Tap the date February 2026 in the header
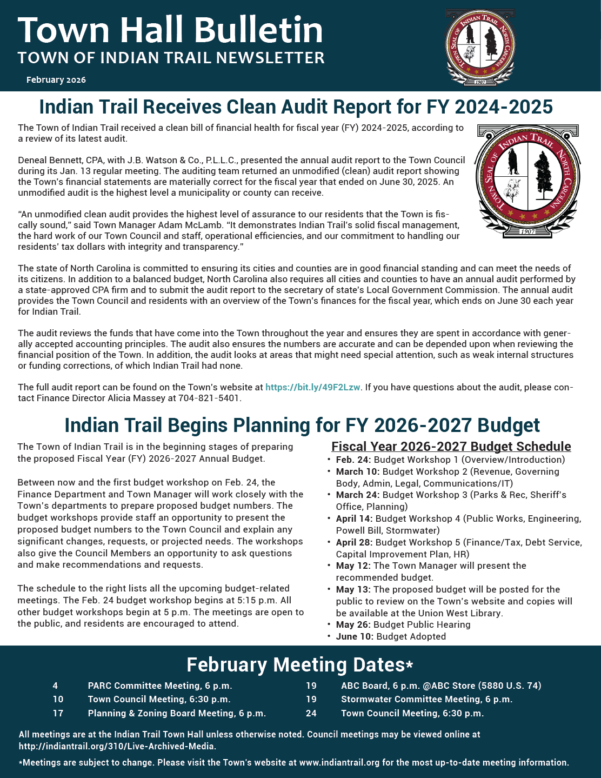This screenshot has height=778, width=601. tap(56, 80)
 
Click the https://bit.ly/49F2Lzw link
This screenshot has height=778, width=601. tap(312, 387)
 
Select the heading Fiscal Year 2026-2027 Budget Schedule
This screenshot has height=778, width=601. tap(451, 447)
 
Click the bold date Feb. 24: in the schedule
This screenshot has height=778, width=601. tap(353, 460)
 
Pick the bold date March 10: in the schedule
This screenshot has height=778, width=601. tap(357, 471)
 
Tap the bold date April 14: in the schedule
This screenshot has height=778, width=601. tap(354, 518)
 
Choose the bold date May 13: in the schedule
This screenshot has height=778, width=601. tap(353, 589)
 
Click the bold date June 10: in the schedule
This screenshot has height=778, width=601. tap(355, 636)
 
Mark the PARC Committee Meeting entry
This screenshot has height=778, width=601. tap(160, 686)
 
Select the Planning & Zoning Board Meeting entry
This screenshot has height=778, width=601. tap(177, 713)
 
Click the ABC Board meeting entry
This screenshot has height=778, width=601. tap(441, 686)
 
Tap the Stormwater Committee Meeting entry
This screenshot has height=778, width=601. tap(426, 699)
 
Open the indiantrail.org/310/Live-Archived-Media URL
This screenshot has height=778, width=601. tap(117, 746)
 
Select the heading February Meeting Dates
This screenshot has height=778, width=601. tap(300, 664)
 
